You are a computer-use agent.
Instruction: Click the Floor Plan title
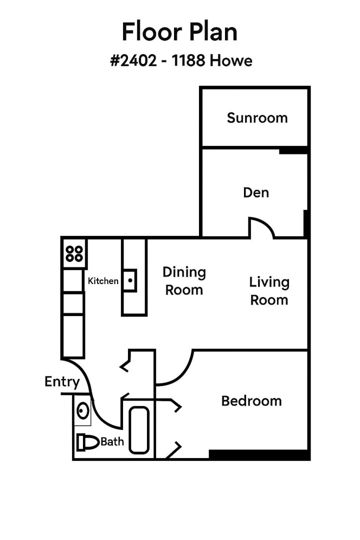[x=179, y=32]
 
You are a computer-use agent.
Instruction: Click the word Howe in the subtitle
[x=230, y=61]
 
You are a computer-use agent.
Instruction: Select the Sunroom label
[x=257, y=118]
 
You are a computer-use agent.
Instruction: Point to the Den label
[x=256, y=192]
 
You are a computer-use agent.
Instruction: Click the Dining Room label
[x=184, y=281]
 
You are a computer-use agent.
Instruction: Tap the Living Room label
[x=269, y=291]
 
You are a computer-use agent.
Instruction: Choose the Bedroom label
[x=251, y=401]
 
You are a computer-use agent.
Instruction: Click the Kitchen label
[x=103, y=281]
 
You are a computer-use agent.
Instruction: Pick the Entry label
[x=62, y=382]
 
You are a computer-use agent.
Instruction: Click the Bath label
[x=112, y=442]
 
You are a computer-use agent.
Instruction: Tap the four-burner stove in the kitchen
[x=74, y=254]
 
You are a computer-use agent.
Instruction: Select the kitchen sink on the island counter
[x=129, y=280]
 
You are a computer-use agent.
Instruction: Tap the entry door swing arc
[x=95, y=400]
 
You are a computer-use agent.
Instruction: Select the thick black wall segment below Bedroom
[x=259, y=455]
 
